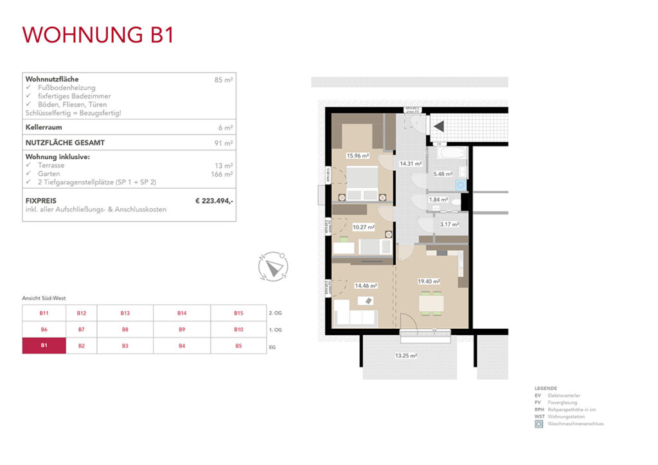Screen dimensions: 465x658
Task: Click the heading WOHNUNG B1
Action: pos(98,35)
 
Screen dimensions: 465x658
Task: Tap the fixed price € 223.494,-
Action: pos(214,201)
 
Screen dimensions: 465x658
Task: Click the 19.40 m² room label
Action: pos(428,281)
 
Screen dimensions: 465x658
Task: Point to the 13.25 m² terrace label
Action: pos(406,355)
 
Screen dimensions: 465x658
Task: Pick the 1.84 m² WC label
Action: pos(438,200)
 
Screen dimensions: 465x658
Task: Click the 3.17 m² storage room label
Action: pos(449,225)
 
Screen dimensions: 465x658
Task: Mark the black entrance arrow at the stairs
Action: pos(439,127)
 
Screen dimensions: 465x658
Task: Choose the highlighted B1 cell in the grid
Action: pos(44,346)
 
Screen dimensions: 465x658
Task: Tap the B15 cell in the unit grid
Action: pos(238,313)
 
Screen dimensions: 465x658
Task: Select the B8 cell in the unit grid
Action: pos(125,329)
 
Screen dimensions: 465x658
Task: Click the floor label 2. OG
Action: pos(274,313)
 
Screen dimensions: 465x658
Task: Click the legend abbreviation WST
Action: pos(539,417)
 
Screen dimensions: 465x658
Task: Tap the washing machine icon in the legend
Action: pos(538,424)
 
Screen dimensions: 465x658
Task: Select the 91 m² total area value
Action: pos(224,143)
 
